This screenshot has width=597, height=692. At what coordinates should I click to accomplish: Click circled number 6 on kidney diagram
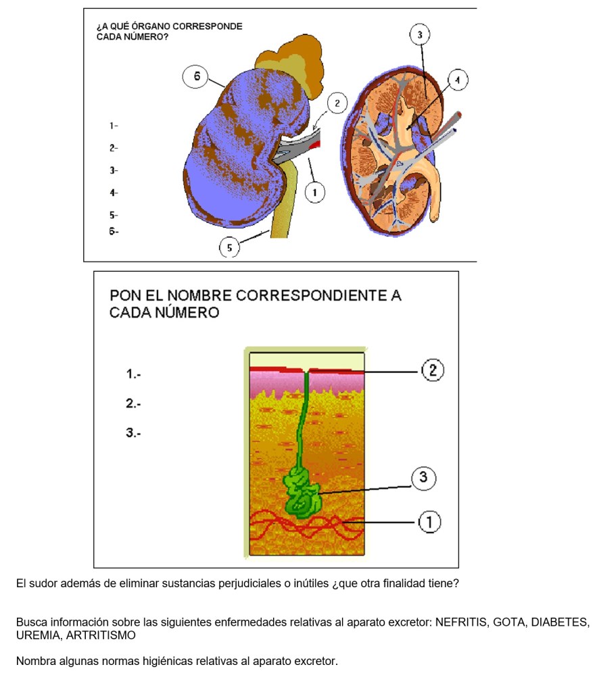pos(196,77)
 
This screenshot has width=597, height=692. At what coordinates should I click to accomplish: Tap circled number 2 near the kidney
pos(337,103)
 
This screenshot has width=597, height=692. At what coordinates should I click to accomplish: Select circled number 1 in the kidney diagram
pos(314,193)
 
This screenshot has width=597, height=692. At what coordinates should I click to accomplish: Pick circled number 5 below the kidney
pos(229,248)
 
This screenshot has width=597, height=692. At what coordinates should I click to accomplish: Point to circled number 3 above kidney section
pos(420,34)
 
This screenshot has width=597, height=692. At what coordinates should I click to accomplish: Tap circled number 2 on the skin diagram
pos(432,370)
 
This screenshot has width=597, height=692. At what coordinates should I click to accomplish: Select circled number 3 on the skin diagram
pos(423,478)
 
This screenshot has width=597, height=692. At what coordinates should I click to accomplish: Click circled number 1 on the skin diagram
pos(429,522)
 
